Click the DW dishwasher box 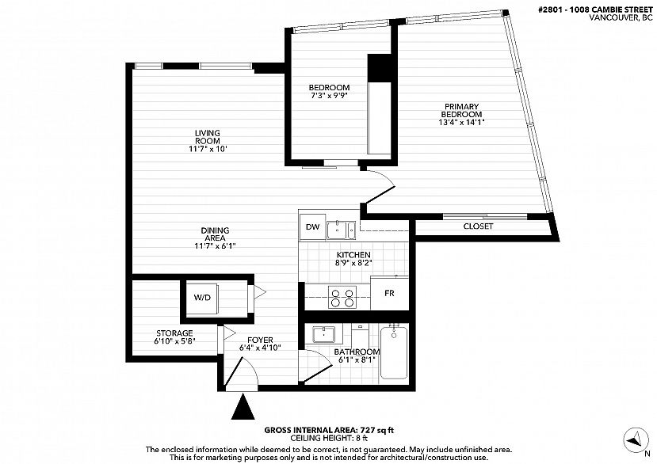tap(312, 226)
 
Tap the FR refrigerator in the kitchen tap(390, 293)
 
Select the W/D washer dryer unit tap(202, 298)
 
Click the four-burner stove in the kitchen tap(342, 297)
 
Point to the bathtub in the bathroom tap(394, 352)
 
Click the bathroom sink tap(323, 335)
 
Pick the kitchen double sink tap(341, 230)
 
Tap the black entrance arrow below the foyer tap(243, 407)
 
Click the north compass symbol tap(636, 439)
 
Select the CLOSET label tap(478, 226)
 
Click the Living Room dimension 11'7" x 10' tap(208, 149)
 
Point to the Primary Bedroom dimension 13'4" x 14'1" tap(461, 122)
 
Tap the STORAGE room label tap(174, 333)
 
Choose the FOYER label tap(260, 340)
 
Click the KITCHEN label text tap(353, 255)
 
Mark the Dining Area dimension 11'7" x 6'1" tap(215, 245)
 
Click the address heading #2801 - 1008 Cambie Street tap(595, 10)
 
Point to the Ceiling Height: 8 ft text tap(329, 438)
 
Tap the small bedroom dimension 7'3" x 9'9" tap(330, 96)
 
